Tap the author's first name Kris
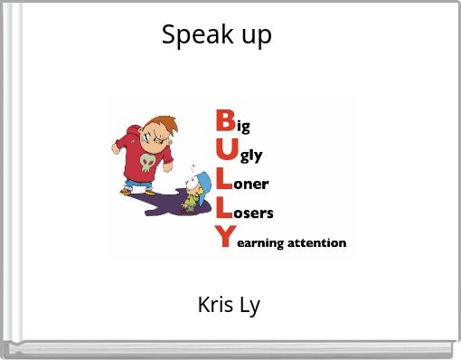point(215,305)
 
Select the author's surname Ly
point(250,306)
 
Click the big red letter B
point(227,121)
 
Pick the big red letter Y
point(225,239)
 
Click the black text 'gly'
point(251,156)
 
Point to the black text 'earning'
point(259,243)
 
